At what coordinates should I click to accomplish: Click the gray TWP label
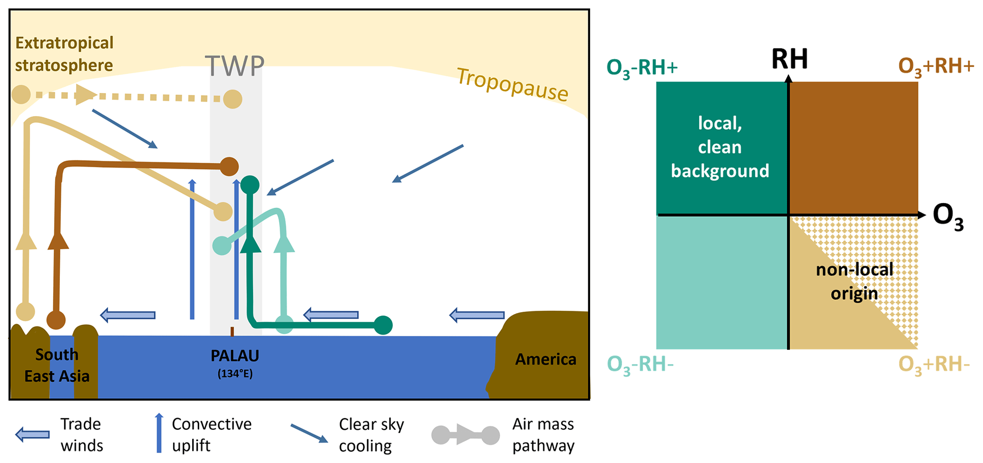pyautogui.click(x=234, y=66)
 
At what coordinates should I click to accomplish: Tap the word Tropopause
pyautogui.click(x=512, y=85)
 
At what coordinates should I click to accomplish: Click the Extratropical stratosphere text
pyautogui.click(x=64, y=54)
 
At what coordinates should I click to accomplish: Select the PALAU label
pyautogui.click(x=235, y=356)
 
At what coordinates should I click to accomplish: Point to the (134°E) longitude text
pyautogui.click(x=235, y=374)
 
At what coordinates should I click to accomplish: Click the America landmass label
pyautogui.click(x=545, y=359)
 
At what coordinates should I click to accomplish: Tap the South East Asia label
pyautogui.click(x=57, y=365)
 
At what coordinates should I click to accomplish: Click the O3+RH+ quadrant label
pyautogui.click(x=935, y=67)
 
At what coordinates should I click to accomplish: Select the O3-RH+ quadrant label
pyautogui.click(x=642, y=68)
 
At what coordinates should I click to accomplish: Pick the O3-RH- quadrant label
pyautogui.click(x=640, y=365)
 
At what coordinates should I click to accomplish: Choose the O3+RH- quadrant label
pyautogui.click(x=934, y=365)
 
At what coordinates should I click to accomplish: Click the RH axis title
pyautogui.click(x=789, y=59)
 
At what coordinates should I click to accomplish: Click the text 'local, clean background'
pyautogui.click(x=720, y=147)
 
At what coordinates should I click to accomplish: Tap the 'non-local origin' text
pyautogui.click(x=854, y=281)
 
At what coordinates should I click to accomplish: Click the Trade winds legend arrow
pyautogui.click(x=32, y=434)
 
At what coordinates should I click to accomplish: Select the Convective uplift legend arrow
pyautogui.click(x=159, y=433)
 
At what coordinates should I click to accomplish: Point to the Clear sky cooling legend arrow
pyautogui.click(x=309, y=433)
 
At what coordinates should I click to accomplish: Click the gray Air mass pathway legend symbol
pyautogui.click(x=465, y=435)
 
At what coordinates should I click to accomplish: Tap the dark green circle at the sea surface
pyautogui.click(x=383, y=325)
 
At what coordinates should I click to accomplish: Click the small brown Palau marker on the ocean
pyautogui.click(x=232, y=332)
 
